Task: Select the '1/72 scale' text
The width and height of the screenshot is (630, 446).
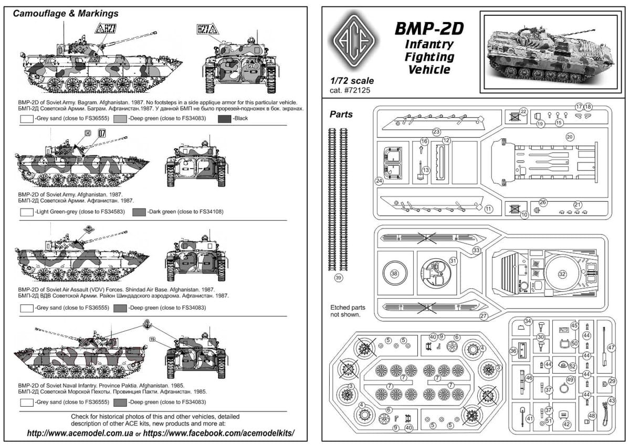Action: (x=352, y=81)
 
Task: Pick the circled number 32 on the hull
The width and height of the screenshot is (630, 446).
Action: (x=562, y=274)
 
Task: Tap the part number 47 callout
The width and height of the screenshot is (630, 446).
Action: (x=611, y=347)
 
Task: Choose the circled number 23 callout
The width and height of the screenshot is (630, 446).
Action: (x=436, y=132)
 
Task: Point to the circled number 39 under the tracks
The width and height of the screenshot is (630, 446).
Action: (x=339, y=278)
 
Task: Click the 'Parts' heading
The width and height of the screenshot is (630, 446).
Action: (x=341, y=114)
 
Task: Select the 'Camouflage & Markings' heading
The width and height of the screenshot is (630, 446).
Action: (x=65, y=13)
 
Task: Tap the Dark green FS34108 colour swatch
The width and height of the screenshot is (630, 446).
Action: (x=139, y=212)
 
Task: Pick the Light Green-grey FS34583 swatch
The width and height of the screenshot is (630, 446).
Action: (x=26, y=212)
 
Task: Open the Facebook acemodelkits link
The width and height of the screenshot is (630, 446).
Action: (x=219, y=433)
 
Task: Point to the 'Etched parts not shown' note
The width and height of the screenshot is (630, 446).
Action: (x=348, y=311)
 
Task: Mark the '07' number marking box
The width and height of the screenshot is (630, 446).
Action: (x=101, y=133)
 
